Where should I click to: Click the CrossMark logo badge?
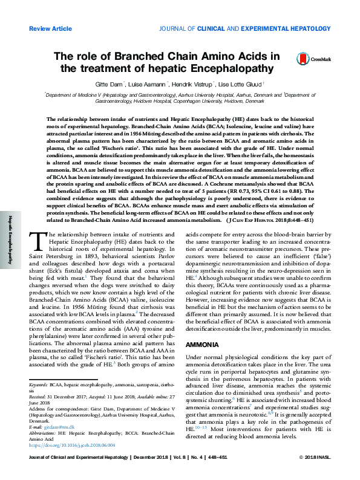click(309, 59)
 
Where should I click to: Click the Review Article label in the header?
click(50, 28)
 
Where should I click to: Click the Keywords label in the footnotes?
click(38, 384)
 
